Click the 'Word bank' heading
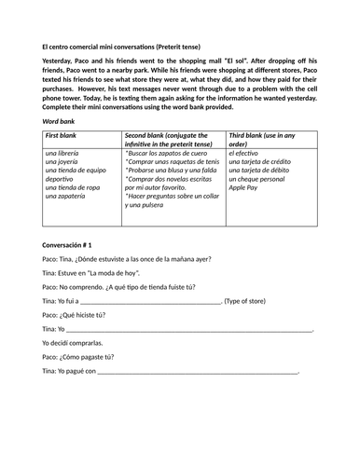(x=62, y=121)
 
